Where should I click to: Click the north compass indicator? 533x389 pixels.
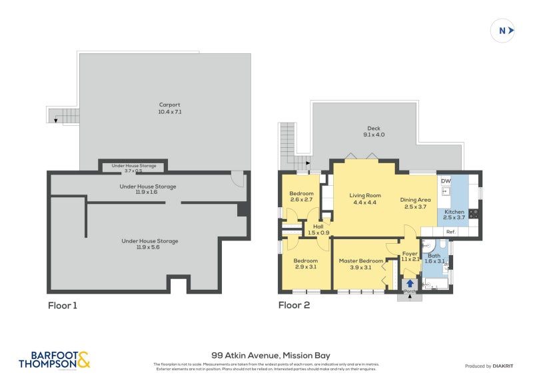504,30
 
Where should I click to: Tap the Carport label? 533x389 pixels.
170,109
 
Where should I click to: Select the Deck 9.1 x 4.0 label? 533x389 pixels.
374,132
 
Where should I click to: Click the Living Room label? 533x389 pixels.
364,198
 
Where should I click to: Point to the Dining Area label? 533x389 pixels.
415,203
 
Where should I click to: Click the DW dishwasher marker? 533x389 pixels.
445,181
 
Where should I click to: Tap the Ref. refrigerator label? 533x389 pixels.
450,232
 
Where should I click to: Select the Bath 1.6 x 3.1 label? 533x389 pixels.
434,258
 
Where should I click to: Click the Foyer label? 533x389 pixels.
410,256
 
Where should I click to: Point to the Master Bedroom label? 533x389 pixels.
360,264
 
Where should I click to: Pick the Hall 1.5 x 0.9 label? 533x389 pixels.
318,229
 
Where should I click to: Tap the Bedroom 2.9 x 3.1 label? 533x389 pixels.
305,264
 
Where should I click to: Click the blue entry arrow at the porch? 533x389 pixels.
409,284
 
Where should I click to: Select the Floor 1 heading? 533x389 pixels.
63,306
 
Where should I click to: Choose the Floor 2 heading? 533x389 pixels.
294,306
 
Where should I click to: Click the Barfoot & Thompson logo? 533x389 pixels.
54,360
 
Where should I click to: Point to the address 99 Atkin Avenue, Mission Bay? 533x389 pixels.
266,355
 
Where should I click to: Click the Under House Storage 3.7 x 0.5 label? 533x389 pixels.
133,168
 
